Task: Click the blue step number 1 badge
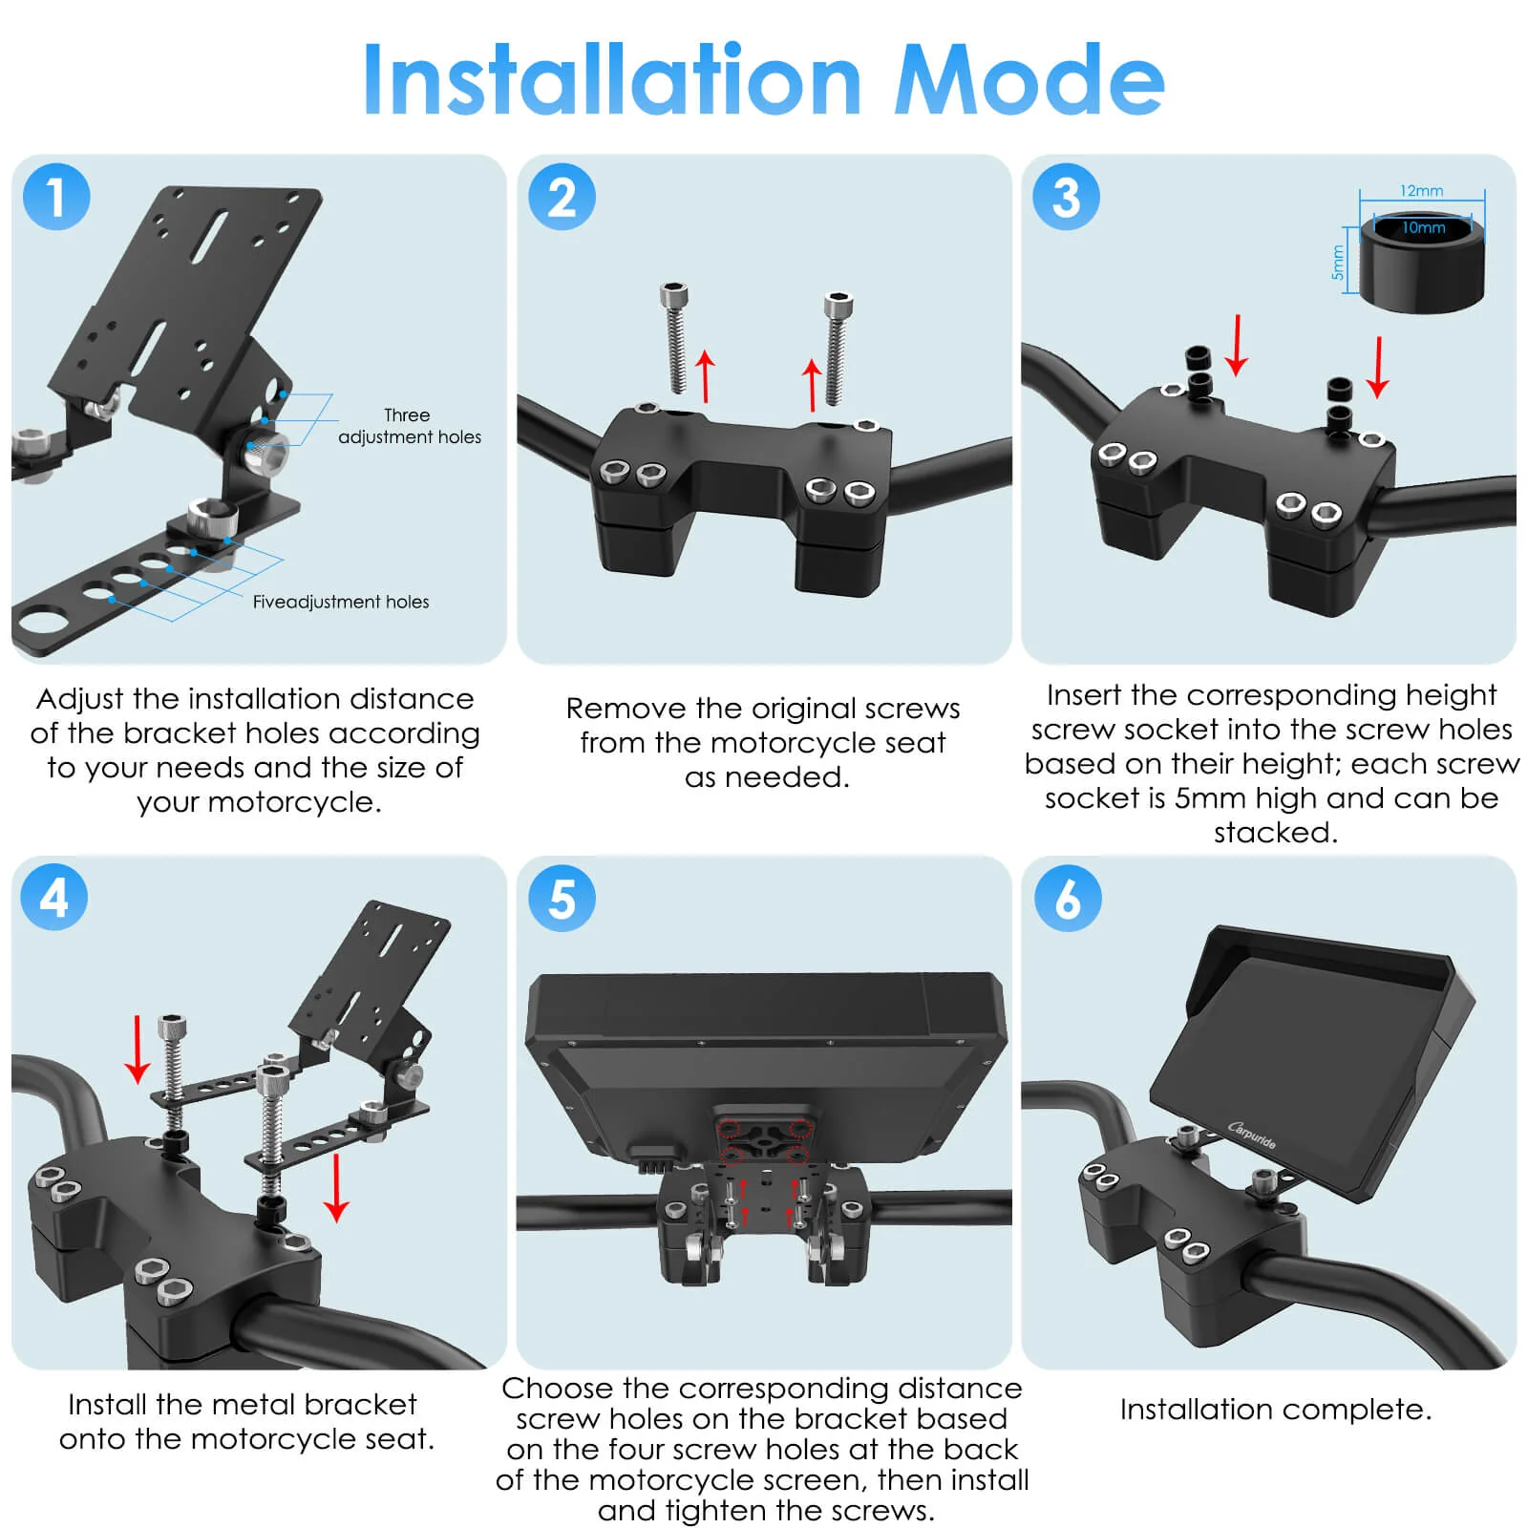56,197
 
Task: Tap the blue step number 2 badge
562,197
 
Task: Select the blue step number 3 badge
1066,197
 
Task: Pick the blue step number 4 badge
54,898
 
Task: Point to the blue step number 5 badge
562,898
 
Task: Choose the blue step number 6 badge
1068,898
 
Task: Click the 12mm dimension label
1422,191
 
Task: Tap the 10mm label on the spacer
1424,227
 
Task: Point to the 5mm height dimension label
1338,263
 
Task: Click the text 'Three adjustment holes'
410,426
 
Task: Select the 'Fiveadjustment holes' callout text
341,602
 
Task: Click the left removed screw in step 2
676,338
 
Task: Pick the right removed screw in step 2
838,349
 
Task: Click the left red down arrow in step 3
1237,345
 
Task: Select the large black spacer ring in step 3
1422,261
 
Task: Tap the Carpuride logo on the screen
1252,1135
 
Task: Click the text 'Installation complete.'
1276,1410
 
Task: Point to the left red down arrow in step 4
138,1050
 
